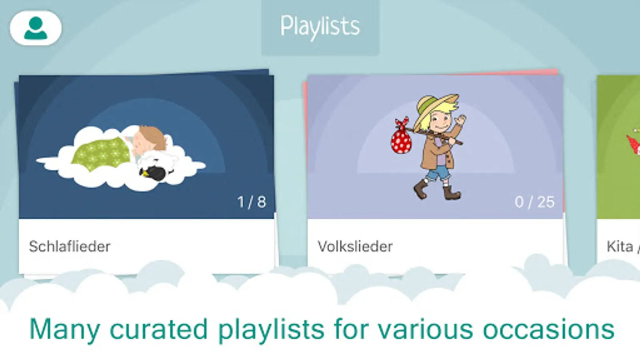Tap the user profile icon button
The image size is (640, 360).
click(36, 28)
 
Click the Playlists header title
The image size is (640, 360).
click(320, 26)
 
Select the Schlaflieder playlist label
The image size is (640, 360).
click(70, 246)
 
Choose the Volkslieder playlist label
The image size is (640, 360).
click(355, 246)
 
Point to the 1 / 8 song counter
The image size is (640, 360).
click(252, 202)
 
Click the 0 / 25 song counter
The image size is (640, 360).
click(534, 202)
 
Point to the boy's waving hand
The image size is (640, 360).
click(460, 119)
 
